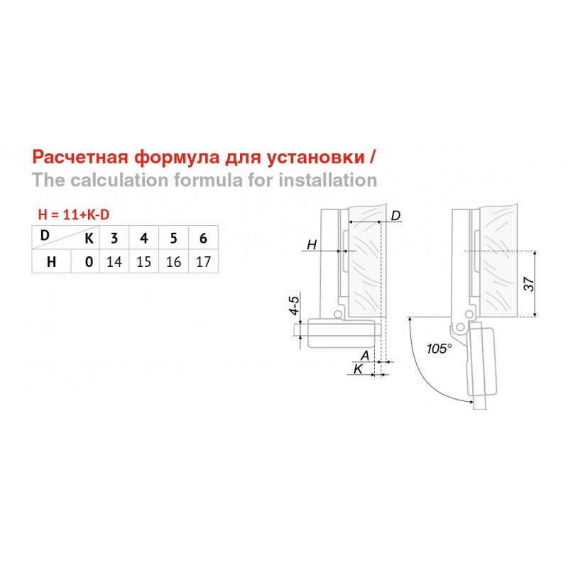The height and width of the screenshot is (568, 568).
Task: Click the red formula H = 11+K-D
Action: [74, 215]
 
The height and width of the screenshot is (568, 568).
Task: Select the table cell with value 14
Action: [114, 261]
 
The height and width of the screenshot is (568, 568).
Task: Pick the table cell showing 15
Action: [144, 261]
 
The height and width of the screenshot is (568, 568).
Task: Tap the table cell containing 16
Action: [173, 261]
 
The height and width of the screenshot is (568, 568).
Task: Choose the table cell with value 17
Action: [203, 261]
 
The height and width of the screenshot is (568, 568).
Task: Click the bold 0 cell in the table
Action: [89, 261]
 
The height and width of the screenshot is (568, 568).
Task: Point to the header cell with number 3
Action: [114, 238]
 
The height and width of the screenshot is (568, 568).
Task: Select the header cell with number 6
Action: [203, 238]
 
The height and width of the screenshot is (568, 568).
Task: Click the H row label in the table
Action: [51, 261]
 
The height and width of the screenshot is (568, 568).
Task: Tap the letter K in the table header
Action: [89, 239]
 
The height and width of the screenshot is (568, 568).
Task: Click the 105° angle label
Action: [439, 349]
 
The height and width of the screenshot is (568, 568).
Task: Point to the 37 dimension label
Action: [529, 283]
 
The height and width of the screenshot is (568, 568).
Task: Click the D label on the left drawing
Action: [395, 216]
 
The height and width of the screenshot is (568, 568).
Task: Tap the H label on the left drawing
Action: [312, 245]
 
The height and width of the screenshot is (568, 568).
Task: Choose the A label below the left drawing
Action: [365, 356]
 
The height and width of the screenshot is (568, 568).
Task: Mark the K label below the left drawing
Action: [358, 369]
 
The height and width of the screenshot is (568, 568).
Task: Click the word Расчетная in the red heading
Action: [80, 157]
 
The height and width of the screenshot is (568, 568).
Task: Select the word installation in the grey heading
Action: [328, 180]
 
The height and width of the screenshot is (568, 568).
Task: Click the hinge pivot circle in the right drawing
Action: [460, 327]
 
